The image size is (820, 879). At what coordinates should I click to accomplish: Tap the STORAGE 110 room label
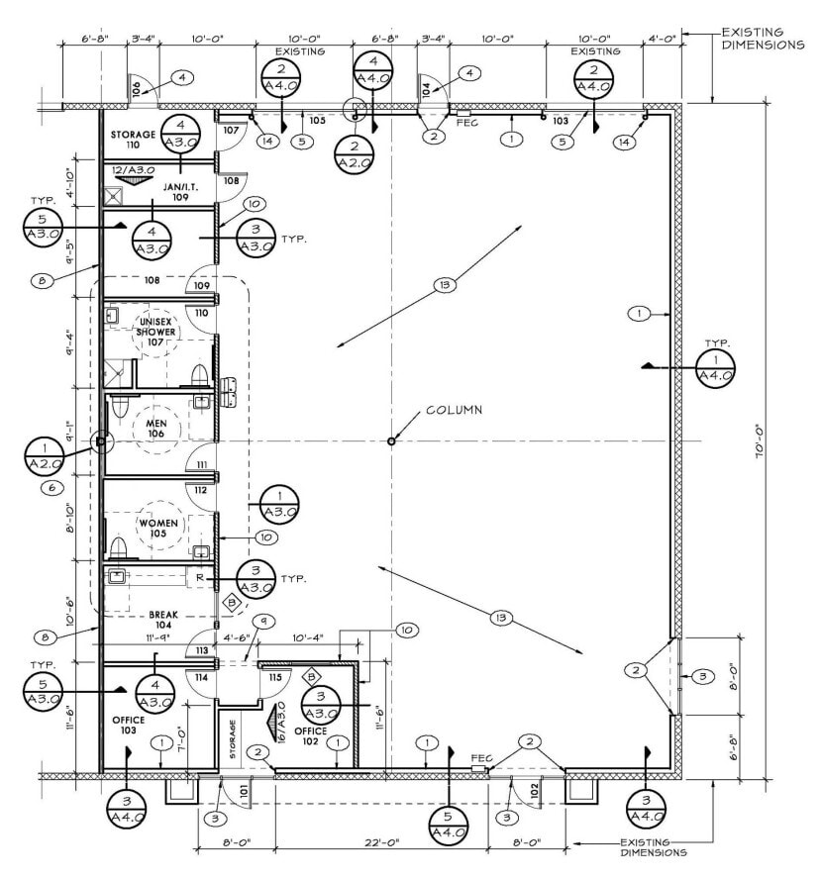tap(133, 139)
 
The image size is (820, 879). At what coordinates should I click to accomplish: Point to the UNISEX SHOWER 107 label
tap(156, 332)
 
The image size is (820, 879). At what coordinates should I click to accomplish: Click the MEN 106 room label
tap(155, 429)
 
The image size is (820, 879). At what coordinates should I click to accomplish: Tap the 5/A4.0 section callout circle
tap(450, 824)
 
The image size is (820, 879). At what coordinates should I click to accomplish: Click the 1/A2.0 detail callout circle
tap(44, 455)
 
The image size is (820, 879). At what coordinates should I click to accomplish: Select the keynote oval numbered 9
tap(263, 621)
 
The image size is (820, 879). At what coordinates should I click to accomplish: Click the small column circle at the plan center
tap(392, 441)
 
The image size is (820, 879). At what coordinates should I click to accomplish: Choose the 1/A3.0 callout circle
tap(279, 503)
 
